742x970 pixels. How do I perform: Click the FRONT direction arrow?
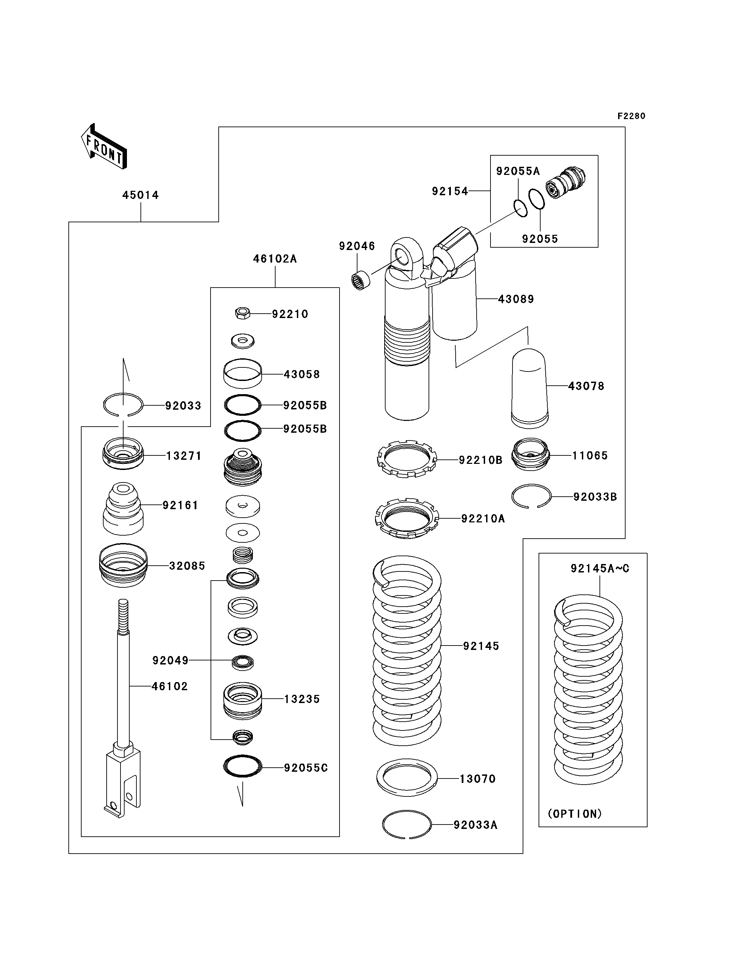[x=104, y=146]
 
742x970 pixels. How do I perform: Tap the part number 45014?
[x=140, y=195]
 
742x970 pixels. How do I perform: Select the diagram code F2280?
[x=631, y=116]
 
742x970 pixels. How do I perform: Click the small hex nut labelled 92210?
[x=242, y=314]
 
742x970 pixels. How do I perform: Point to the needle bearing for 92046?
[x=361, y=281]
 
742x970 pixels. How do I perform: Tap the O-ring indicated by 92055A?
[x=521, y=208]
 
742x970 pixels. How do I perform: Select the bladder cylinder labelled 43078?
[x=529, y=388]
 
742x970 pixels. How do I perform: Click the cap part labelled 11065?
[x=530, y=454]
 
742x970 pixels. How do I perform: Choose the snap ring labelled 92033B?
[x=531, y=497]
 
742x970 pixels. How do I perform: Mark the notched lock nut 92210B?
[x=407, y=459]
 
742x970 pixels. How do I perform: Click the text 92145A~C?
[x=600, y=569]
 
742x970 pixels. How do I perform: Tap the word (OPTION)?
[x=574, y=814]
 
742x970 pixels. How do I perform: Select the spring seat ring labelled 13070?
[x=407, y=777]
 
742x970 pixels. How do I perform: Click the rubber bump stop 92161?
[x=123, y=508]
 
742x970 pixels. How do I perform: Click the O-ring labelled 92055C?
[x=242, y=766]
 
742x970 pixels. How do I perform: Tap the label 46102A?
[x=275, y=259]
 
